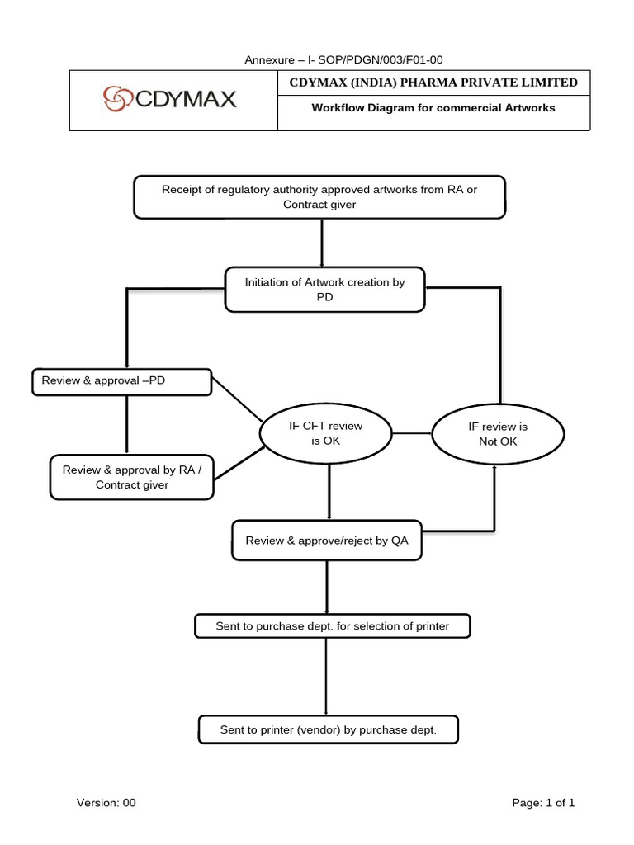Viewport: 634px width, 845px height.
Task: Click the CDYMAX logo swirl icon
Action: pyautogui.click(x=116, y=100)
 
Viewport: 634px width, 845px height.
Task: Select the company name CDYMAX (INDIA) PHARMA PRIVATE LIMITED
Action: pyautogui.click(x=433, y=83)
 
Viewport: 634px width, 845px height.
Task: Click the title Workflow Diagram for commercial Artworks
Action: pyautogui.click(x=433, y=108)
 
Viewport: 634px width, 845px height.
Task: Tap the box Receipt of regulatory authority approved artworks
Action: pyautogui.click(x=319, y=197)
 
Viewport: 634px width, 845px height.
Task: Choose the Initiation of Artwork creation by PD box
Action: pyautogui.click(x=324, y=289)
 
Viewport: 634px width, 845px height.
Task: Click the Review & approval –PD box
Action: pyautogui.click(x=121, y=381)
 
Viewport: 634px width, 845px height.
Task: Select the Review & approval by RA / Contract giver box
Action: pyautogui.click(x=132, y=477)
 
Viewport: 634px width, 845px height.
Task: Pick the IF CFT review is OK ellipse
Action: pyautogui.click(x=325, y=433)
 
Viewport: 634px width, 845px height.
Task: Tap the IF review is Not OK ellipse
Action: pyautogui.click(x=498, y=434)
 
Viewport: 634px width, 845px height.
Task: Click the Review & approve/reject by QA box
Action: pyautogui.click(x=327, y=541)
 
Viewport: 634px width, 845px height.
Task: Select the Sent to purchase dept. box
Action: pyautogui.click(x=332, y=626)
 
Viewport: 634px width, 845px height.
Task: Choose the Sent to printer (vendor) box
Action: pyautogui.click(x=328, y=730)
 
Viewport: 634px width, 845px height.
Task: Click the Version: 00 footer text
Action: pyautogui.click(x=106, y=802)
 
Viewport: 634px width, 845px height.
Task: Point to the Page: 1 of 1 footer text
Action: pyautogui.click(x=543, y=802)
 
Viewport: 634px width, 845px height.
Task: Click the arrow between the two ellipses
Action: pyautogui.click(x=412, y=433)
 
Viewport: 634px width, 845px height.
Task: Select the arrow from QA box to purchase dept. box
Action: pyautogui.click(x=327, y=587)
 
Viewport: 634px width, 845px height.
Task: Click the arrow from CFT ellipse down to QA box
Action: pyautogui.click(x=329, y=492)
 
